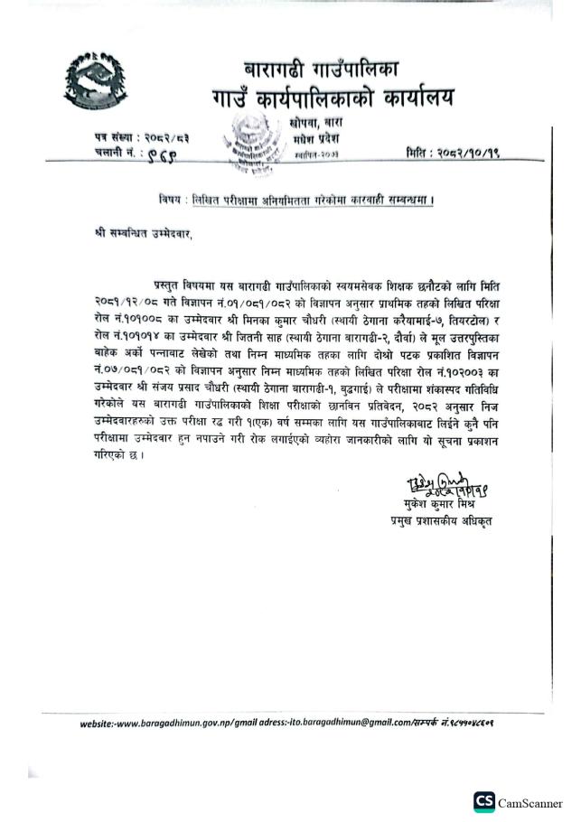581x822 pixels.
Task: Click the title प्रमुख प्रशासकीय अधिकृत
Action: pos(437,520)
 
